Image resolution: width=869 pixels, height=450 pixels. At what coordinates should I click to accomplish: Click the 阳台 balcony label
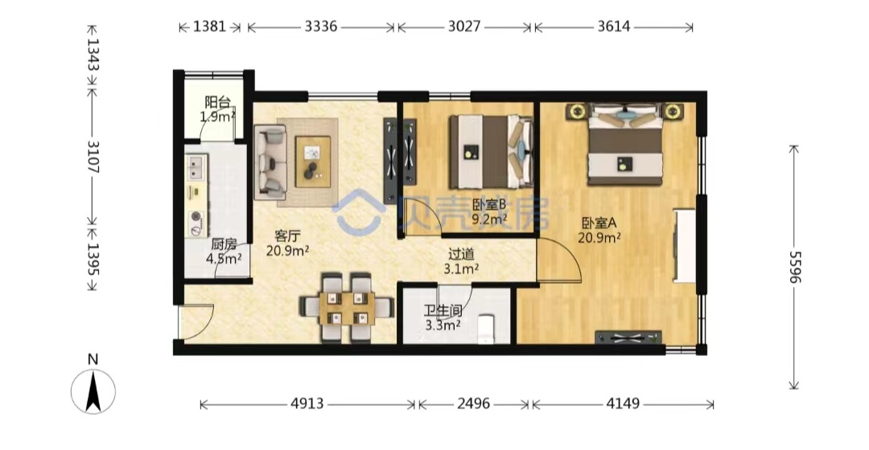pos(217,102)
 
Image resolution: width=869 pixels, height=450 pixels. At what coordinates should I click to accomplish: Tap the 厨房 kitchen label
pos(224,244)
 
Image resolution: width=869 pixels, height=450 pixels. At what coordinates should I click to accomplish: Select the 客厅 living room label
pos(287,236)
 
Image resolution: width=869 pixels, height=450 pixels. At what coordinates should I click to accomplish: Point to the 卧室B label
pos(489,205)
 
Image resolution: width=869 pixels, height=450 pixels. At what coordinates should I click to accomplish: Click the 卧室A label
pos(599,223)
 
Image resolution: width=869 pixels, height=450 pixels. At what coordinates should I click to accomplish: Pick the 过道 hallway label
pos(461,254)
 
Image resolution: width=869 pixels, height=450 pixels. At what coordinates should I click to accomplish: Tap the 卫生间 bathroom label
pos(443,311)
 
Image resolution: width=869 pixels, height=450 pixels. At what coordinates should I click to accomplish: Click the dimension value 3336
pos(320,27)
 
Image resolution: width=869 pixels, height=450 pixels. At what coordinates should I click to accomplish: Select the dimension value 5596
pos(795,267)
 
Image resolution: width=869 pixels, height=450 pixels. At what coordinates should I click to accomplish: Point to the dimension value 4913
pos(307,403)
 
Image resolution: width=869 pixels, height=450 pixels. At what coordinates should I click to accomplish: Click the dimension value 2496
pos(473,403)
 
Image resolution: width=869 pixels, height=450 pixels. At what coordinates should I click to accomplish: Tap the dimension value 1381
pos(209,27)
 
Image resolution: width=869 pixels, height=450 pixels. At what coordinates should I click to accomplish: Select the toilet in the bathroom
pos(486,329)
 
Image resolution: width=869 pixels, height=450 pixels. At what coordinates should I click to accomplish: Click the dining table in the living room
pos(346,309)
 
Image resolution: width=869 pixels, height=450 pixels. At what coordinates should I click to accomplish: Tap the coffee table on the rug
pos(313,162)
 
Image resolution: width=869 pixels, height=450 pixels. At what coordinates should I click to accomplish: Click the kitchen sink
pos(196,168)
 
